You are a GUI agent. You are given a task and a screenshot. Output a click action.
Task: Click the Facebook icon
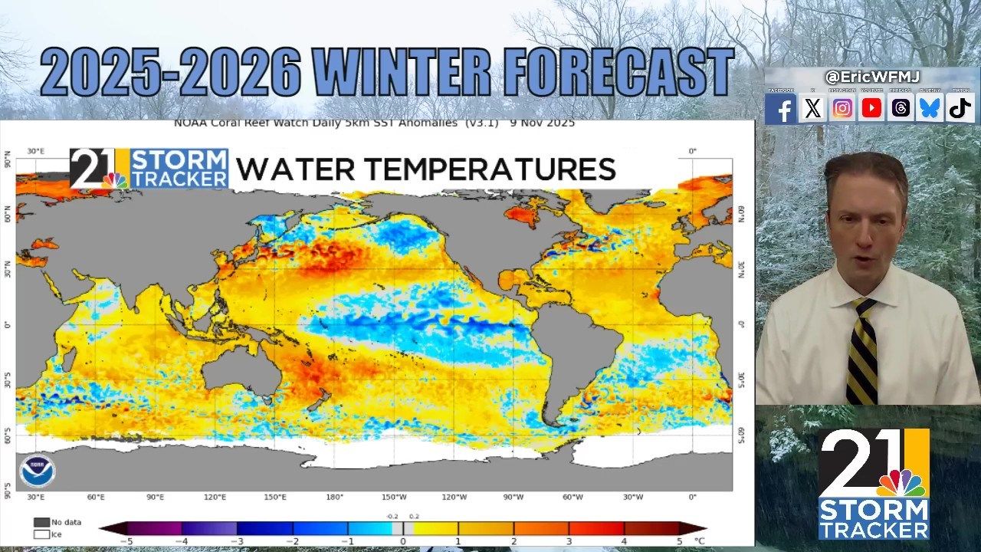(x=782, y=109)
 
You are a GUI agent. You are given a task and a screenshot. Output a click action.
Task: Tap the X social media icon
(x=812, y=109)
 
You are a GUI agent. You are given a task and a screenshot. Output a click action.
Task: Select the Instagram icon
(x=842, y=109)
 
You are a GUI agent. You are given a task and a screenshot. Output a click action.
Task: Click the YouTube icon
(x=871, y=109)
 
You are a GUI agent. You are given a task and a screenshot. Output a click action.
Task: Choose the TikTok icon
(x=960, y=109)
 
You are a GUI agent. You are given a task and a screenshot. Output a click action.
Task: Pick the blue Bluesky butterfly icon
(x=930, y=109)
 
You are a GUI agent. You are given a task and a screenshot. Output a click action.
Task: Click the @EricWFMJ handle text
(x=871, y=77)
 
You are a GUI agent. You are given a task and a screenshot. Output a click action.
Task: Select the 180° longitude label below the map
(x=334, y=498)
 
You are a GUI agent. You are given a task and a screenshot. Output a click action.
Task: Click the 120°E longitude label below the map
(x=215, y=498)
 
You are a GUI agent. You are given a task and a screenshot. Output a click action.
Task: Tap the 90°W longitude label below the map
(x=513, y=498)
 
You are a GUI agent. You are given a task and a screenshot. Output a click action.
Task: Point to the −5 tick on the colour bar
(x=127, y=541)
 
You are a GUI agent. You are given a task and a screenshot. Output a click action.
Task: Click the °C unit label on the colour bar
(x=699, y=541)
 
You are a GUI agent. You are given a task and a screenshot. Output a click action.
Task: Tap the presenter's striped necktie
(x=863, y=353)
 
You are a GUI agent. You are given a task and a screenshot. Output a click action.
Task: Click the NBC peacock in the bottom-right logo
(x=901, y=483)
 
